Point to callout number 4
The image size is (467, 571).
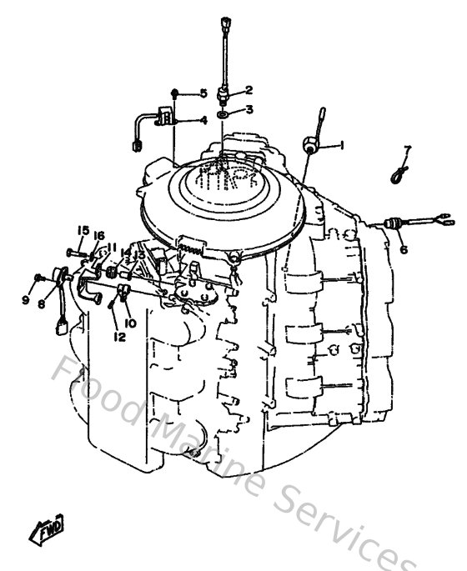coord(203,120)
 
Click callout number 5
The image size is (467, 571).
coord(203,93)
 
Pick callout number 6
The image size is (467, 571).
coord(403,249)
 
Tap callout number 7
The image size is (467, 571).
coord(408,150)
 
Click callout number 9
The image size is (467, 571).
coord(25,299)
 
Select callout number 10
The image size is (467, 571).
coord(130,322)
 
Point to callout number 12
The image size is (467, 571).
coord(119,338)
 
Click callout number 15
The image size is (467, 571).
coord(83,230)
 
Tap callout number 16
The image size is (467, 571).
coord(99,235)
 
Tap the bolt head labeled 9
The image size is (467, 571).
coord(38,278)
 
